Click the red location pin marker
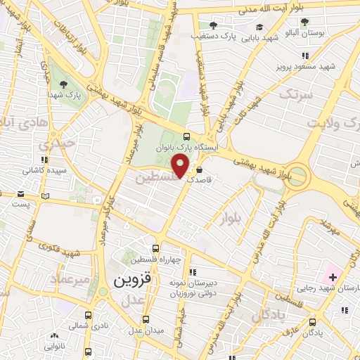(181, 167)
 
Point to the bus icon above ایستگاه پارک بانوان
(186, 136)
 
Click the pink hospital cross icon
(332, 277)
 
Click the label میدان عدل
(146, 330)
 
